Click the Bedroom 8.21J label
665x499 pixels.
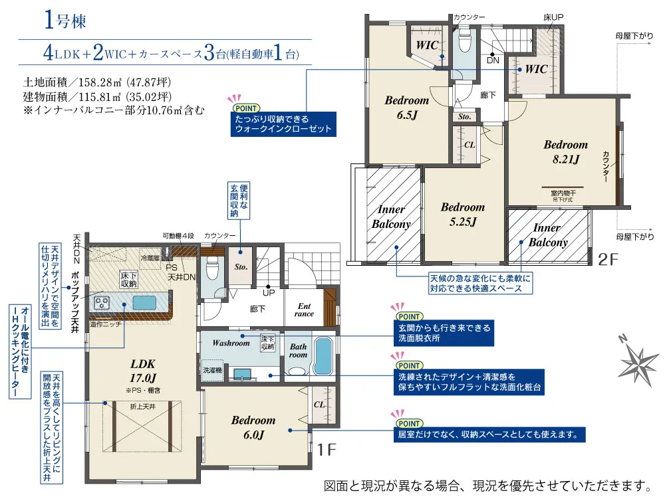coord(565,151)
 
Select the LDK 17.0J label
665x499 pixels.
coord(142,369)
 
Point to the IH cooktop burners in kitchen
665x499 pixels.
coord(103,304)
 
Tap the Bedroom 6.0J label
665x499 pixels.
coord(253,427)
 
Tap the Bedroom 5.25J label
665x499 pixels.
coord(462,214)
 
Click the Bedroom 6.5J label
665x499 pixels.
coord(406,107)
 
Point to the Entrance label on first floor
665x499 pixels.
coord(304,310)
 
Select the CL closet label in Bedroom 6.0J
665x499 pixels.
coord(319,403)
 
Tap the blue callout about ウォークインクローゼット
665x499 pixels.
coord(283,124)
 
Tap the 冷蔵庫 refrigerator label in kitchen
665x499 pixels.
coord(150,256)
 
